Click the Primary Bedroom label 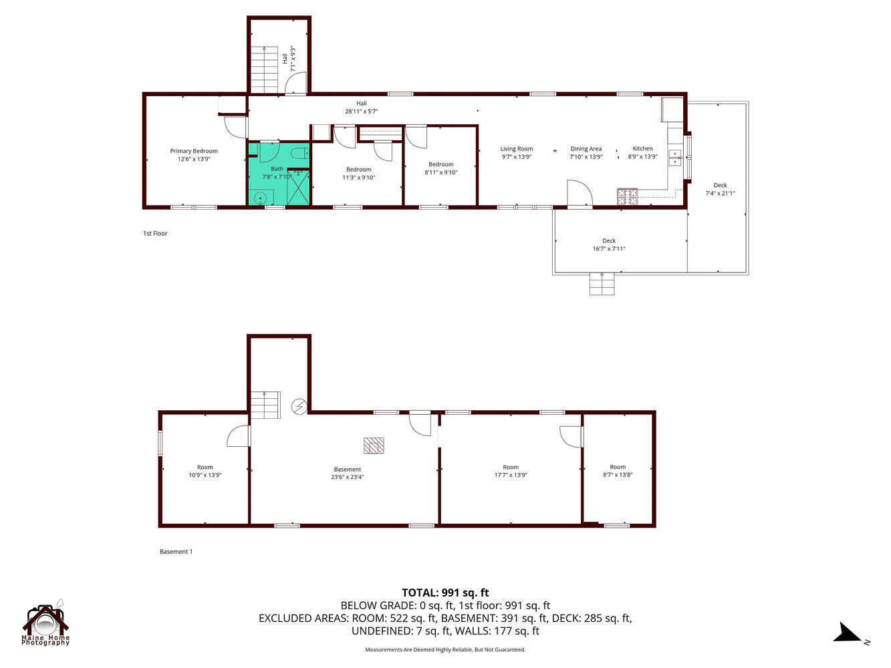(194, 155)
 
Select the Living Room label (517, 153)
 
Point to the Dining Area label (586, 153)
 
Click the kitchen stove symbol (627, 196)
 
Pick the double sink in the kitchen (675, 158)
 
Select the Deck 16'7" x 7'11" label (608, 244)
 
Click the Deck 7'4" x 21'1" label (720, 189)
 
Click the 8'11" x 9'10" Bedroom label (440, 168)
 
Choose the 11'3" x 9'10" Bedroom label (359, 173)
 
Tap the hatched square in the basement (374, 446)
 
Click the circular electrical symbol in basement (299, 405)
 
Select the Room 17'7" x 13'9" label (511, 471)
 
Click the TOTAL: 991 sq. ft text (445, 593)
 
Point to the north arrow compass (850, 633)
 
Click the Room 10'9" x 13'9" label (205, 471)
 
